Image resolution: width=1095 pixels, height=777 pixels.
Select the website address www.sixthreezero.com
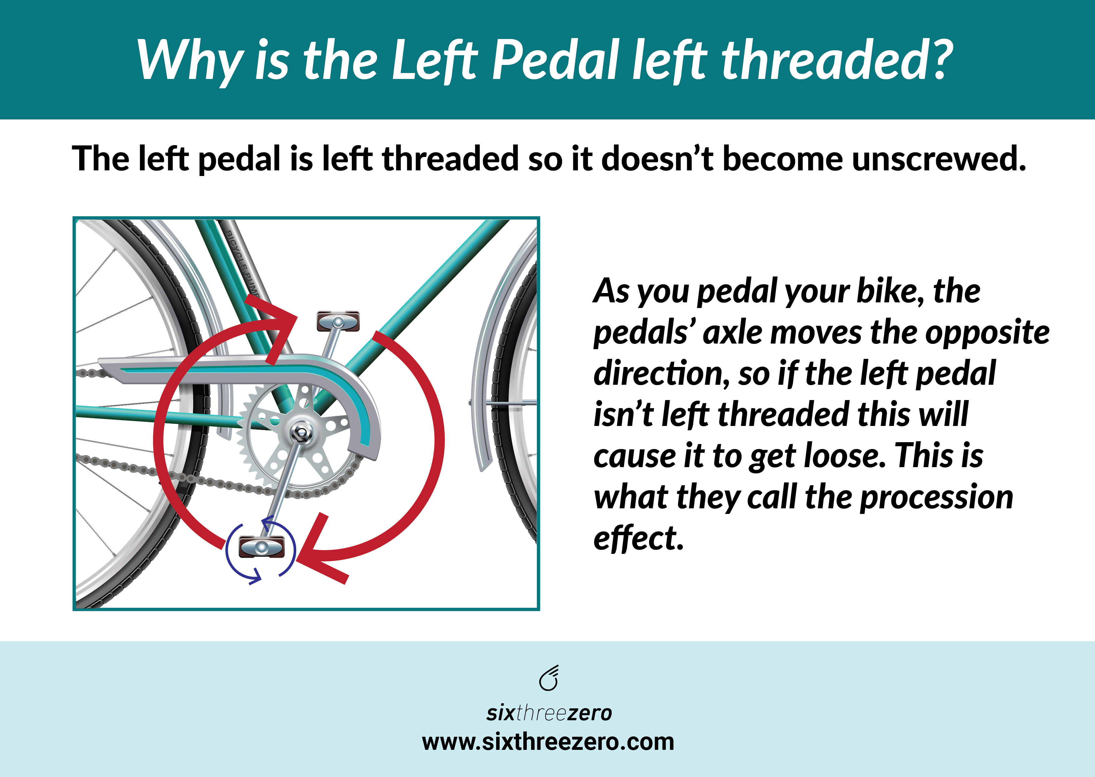click(548, 742)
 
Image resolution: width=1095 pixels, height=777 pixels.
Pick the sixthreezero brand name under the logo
click(549, 713)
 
